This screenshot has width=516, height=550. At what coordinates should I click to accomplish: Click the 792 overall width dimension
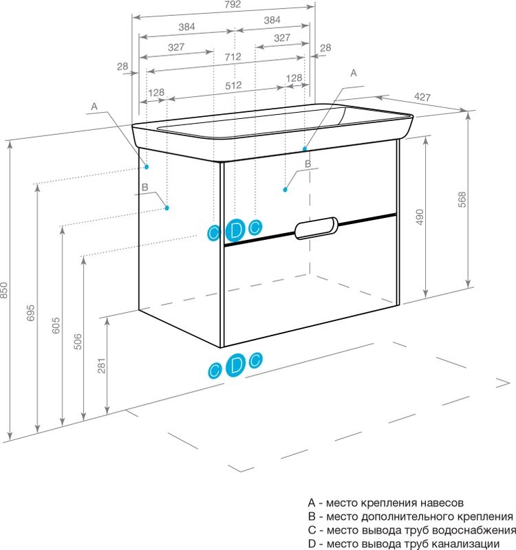tap(233, 5)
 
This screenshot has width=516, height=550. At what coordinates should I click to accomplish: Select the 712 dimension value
tap(233, 56)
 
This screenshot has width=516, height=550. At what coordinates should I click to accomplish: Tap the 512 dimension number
tap(233, 85)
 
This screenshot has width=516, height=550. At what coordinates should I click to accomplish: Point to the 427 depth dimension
tap(422, 97)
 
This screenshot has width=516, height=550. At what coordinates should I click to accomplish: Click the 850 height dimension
tap(4, 290)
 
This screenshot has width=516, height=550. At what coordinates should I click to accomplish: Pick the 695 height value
tap(31, 313)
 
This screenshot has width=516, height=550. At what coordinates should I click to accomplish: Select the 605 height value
tap(56, 325)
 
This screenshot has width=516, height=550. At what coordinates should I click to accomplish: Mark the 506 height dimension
tap(78, 341)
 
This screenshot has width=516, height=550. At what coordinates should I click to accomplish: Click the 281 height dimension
tap(101, 366)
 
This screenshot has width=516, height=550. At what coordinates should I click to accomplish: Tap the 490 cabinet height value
tap(420, 217)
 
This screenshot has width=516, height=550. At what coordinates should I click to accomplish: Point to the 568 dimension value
tap(462, 199)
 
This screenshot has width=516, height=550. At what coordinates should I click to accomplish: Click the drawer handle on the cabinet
tap(316, 228)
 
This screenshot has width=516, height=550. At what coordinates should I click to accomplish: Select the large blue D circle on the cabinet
tap(235, 230)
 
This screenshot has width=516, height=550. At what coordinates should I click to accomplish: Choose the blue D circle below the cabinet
tap(235, 365)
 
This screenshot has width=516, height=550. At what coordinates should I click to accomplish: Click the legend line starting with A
tap(386, 503)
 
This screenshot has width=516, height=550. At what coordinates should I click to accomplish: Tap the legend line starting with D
tap(403, 544)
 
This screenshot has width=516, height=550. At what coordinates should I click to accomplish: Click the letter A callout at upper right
tap(354, 73)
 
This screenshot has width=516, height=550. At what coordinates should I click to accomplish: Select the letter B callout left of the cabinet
tap(145, 188)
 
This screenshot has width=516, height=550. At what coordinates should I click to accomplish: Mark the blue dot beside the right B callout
tap(286, 190)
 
